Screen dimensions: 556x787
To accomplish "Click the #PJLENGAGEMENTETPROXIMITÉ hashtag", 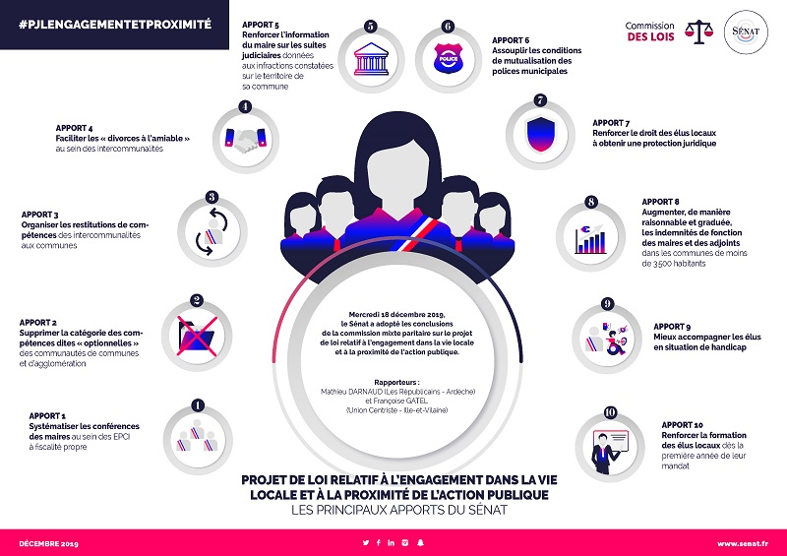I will click(x=115, y=21).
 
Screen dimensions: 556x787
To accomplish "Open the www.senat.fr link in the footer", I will click(x=741, y=543).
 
